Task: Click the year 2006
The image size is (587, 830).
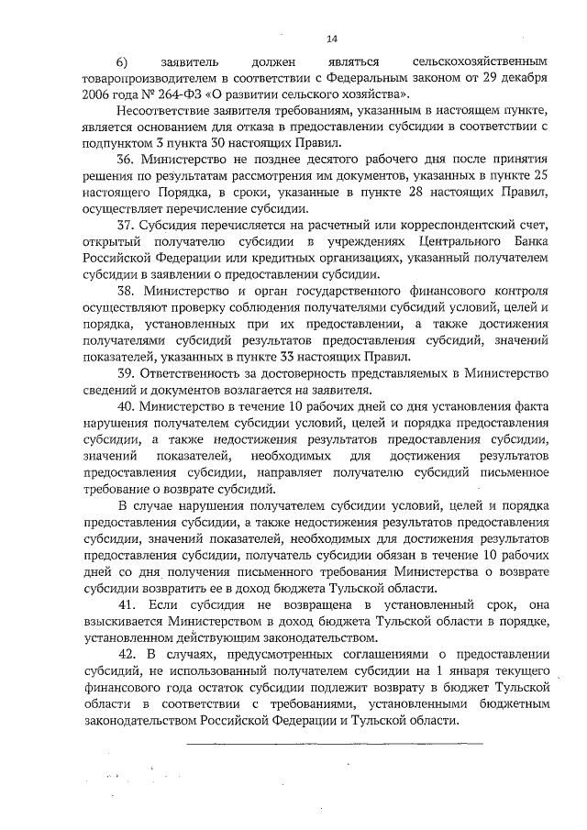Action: pyautogui.click(x=96, y=94)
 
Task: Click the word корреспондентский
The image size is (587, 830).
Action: pyautogui.click(x=444, y=226)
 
